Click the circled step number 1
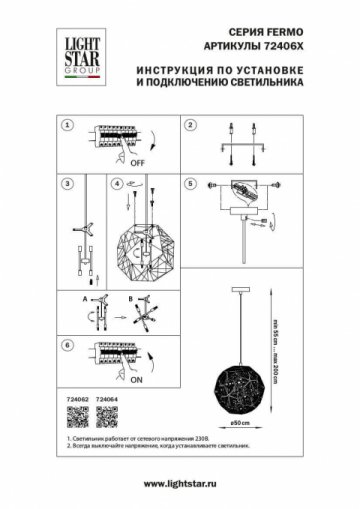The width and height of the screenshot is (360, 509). coord(67,127)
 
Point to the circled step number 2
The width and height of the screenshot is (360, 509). coord(189,127)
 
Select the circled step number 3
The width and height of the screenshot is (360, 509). coord(67,185)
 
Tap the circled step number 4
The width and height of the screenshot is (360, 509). coord(117,185)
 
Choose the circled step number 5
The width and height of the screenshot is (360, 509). coord(189,185)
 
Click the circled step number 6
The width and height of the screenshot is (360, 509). coord(67,344)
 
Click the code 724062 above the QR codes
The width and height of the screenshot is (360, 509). coord(70,398)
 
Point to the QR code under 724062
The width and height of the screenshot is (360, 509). coord(70,416)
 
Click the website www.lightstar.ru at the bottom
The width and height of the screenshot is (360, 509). coord(179,484)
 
